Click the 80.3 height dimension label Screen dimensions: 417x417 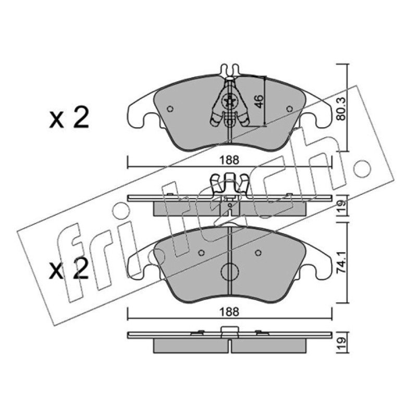[x=341, y=108]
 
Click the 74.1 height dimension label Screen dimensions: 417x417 [x=341, y=262]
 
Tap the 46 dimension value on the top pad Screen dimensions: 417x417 [x=259, y=101]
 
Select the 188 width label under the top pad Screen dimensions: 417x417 [x=229, y=161]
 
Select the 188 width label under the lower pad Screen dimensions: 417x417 [x=229, y=312]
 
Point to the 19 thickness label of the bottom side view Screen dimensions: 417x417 [x=341, y=343]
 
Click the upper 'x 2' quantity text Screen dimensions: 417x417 [x=69, y=118]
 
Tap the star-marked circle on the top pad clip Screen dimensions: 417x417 [x=229, y=101]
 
